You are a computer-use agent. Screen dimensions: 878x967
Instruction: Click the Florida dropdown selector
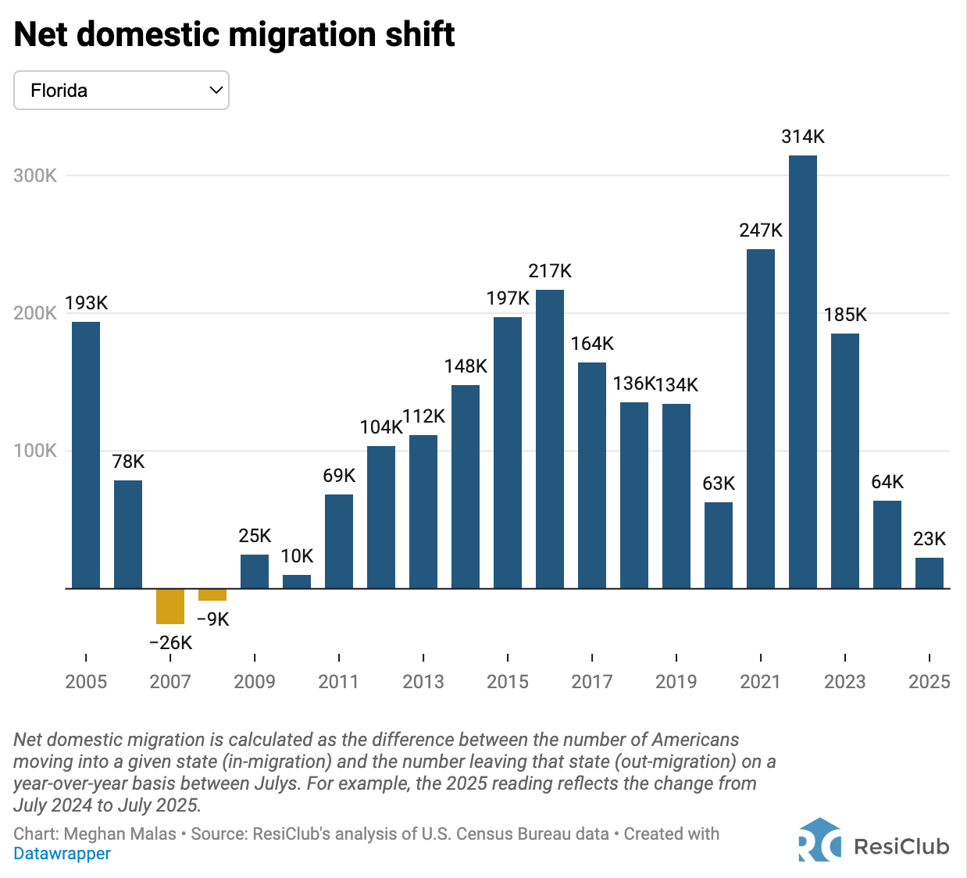[x=121, y=91]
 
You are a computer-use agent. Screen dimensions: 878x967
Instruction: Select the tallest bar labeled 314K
[x=803, y=371]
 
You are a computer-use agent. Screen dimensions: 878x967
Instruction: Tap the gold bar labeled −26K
[x=170, y=606]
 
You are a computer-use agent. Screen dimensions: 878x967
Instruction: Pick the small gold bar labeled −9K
[x=212, y=594]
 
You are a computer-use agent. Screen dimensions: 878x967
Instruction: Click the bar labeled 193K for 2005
[x=86, y=455]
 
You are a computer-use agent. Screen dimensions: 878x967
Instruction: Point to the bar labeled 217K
[x=550, y=439]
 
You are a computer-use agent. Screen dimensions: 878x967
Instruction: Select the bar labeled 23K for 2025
[x=930, y=573]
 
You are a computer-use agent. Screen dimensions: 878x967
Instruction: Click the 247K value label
[x=761, y=230]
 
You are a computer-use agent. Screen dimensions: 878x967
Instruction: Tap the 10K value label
[x=297, y=556]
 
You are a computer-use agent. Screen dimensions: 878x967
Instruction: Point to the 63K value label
[x=719, y=484]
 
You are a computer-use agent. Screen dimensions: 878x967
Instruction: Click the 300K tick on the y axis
[x=35, y=176]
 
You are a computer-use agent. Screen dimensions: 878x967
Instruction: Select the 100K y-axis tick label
[x=35, y=451]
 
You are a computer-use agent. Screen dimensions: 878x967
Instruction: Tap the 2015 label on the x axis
[x=508, y=682]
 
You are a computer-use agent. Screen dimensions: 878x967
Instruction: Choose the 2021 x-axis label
[x=761, y=682]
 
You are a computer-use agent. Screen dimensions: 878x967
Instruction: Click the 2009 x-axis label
[x=255, y=682]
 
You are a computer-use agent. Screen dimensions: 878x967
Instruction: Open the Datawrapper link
[x=62, y=854]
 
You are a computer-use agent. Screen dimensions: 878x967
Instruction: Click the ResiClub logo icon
[x=819, y=841]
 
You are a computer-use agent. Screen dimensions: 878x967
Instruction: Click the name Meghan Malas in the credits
[x=120, y=834]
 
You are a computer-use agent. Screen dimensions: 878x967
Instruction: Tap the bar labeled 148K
[x=466, y=486]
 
